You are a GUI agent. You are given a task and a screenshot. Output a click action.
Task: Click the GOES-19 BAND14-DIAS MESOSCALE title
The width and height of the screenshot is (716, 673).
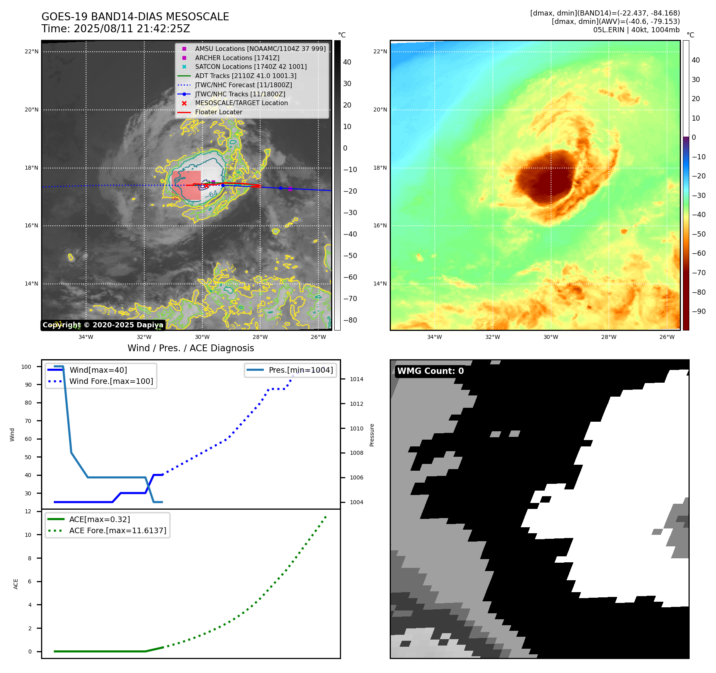point(135,17)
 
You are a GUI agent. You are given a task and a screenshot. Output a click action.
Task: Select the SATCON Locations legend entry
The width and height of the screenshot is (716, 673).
point(251,67)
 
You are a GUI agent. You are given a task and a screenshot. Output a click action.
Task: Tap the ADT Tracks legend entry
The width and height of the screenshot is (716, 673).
point(245,76)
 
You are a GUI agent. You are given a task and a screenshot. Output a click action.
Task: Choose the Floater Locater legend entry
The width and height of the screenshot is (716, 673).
point(218,112)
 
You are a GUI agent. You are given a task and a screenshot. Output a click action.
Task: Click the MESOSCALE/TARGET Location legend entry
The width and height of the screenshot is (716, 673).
point(241,103)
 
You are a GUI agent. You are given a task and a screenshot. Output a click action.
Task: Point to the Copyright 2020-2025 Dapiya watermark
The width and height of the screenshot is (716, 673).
point(103,325)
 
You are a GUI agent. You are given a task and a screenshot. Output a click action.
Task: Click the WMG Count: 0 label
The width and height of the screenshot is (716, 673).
point(430,371)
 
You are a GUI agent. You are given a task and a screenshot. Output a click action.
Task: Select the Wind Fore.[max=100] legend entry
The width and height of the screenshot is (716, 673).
point(111,381)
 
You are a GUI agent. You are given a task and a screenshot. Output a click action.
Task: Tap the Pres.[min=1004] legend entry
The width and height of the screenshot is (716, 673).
point(300,370)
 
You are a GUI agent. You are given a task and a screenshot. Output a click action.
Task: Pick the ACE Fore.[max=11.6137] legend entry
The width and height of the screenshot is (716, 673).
point(118,530)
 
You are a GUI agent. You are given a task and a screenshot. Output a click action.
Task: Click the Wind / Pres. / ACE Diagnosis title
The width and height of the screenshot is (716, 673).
point(190,348)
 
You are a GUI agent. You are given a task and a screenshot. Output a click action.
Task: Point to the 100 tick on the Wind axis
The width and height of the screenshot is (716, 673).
point(26,367)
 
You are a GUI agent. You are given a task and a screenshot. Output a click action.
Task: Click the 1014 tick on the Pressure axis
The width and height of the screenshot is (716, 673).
point(356,379)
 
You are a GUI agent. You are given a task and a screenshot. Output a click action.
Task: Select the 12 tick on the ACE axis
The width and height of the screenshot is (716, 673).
point(28,511)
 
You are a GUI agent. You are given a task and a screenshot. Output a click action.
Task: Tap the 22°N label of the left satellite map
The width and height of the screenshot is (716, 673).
point(31,51)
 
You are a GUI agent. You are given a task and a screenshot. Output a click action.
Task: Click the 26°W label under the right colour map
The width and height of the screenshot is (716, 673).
point(667,337)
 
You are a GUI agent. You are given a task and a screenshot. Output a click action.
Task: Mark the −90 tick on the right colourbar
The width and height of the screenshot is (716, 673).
point(698,311)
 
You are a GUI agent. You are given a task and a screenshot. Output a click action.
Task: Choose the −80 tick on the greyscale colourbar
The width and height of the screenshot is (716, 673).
point(350,320)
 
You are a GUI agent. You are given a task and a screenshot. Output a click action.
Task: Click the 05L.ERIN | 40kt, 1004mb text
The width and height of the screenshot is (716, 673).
point(636,30)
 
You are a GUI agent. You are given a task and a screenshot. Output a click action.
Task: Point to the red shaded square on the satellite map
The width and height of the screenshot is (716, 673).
point(186,186)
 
